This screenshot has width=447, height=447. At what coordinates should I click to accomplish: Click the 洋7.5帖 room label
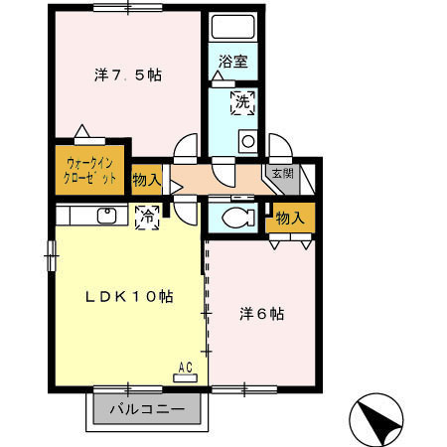[x=128, y=75]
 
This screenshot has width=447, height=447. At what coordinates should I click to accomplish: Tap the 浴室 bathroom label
[x=233, y=62]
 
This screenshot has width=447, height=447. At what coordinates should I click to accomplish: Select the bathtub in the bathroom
[x=233, y=27]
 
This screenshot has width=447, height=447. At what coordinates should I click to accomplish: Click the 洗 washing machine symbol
[x=243, y=103]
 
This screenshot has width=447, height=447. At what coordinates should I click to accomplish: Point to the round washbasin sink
[x=248, y=141]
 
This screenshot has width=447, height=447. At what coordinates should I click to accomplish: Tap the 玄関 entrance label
[x=282, y=173]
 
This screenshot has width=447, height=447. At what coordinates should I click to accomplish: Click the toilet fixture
[x=237, y=218]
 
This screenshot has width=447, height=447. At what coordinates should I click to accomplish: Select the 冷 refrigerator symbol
[x=147, y=218]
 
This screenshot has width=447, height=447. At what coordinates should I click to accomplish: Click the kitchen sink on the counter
[x=106, y=216]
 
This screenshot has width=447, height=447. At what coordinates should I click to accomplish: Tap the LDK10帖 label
[x=129, y=296]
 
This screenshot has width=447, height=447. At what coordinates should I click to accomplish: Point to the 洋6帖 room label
[x=261, y=314]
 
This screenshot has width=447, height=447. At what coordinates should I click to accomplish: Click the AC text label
[x=186, y=368]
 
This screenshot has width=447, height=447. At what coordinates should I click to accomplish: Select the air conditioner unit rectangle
[x=186, y=377]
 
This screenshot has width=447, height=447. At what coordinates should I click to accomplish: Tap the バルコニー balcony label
[x=147, y=409]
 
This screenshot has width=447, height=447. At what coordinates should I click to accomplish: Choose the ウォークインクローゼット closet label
[x=89, y=171]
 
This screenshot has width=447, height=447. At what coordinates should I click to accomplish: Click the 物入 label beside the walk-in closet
[x=147, y=180]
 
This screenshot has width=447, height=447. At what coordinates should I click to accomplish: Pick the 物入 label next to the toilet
[x=290, y=219]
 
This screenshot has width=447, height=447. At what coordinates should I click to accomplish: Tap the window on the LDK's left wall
[x=52, y=255]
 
